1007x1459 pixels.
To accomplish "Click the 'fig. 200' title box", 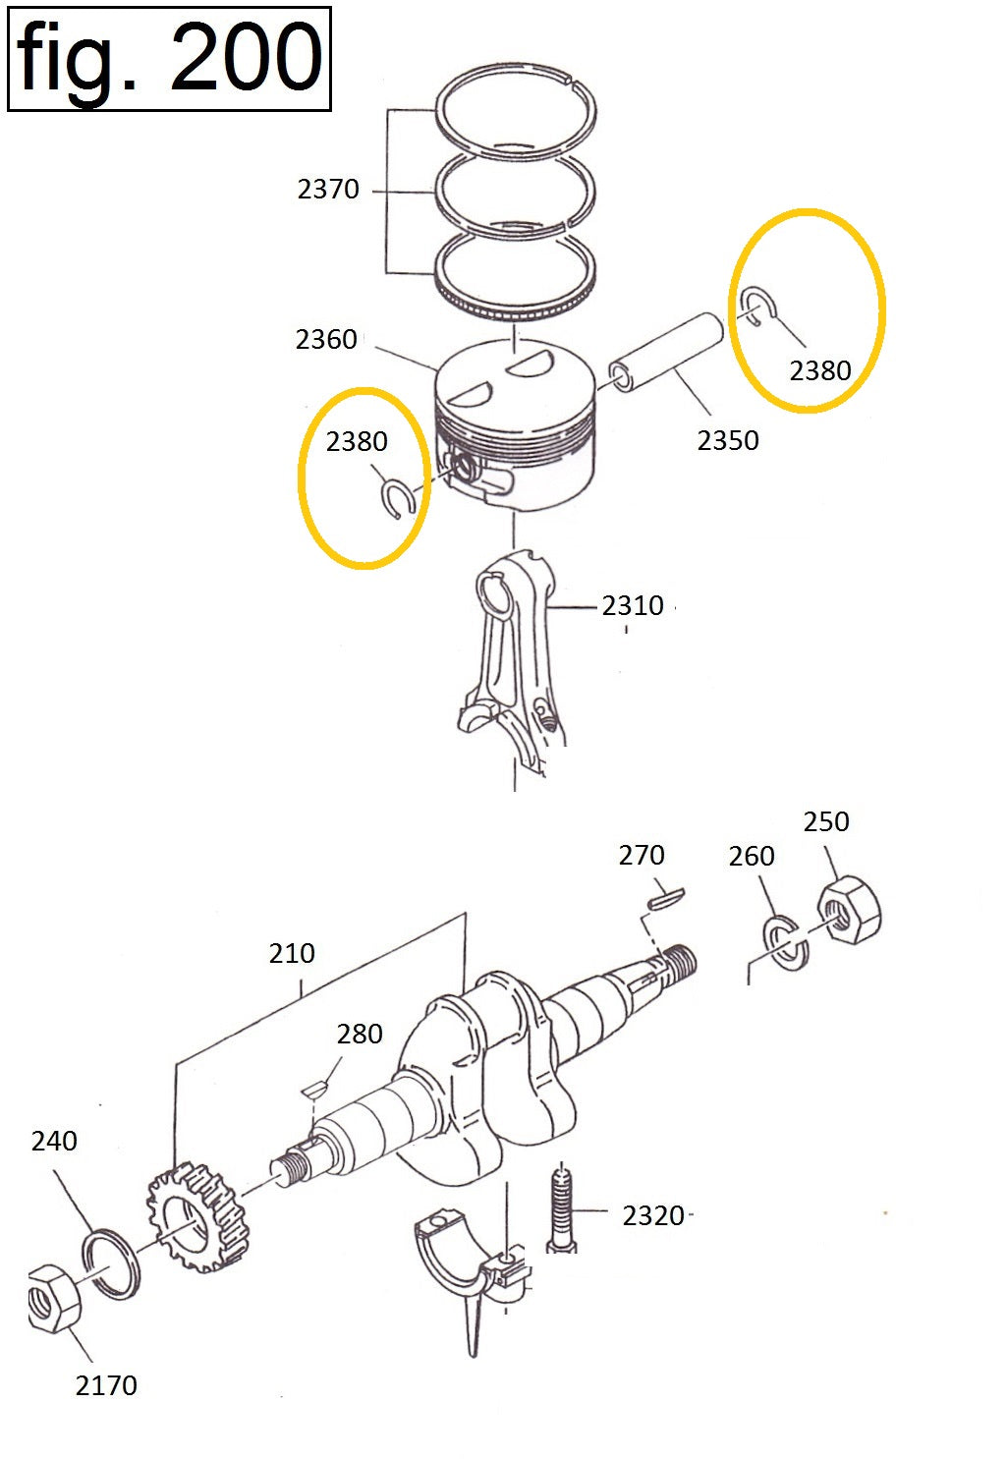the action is (x=169, y=59).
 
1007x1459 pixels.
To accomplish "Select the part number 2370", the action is (x=327, y=190).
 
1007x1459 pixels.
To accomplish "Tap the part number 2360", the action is (x=326, y=339).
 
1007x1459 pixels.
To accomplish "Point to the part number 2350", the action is (x=728, y=441).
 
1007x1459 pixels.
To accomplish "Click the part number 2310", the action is (x=632, y=606).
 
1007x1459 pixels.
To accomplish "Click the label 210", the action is (x=291, y=954).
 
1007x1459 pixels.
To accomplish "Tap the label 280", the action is (x=359, y=1034).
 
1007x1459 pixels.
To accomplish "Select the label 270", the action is (x=641, y=855).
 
